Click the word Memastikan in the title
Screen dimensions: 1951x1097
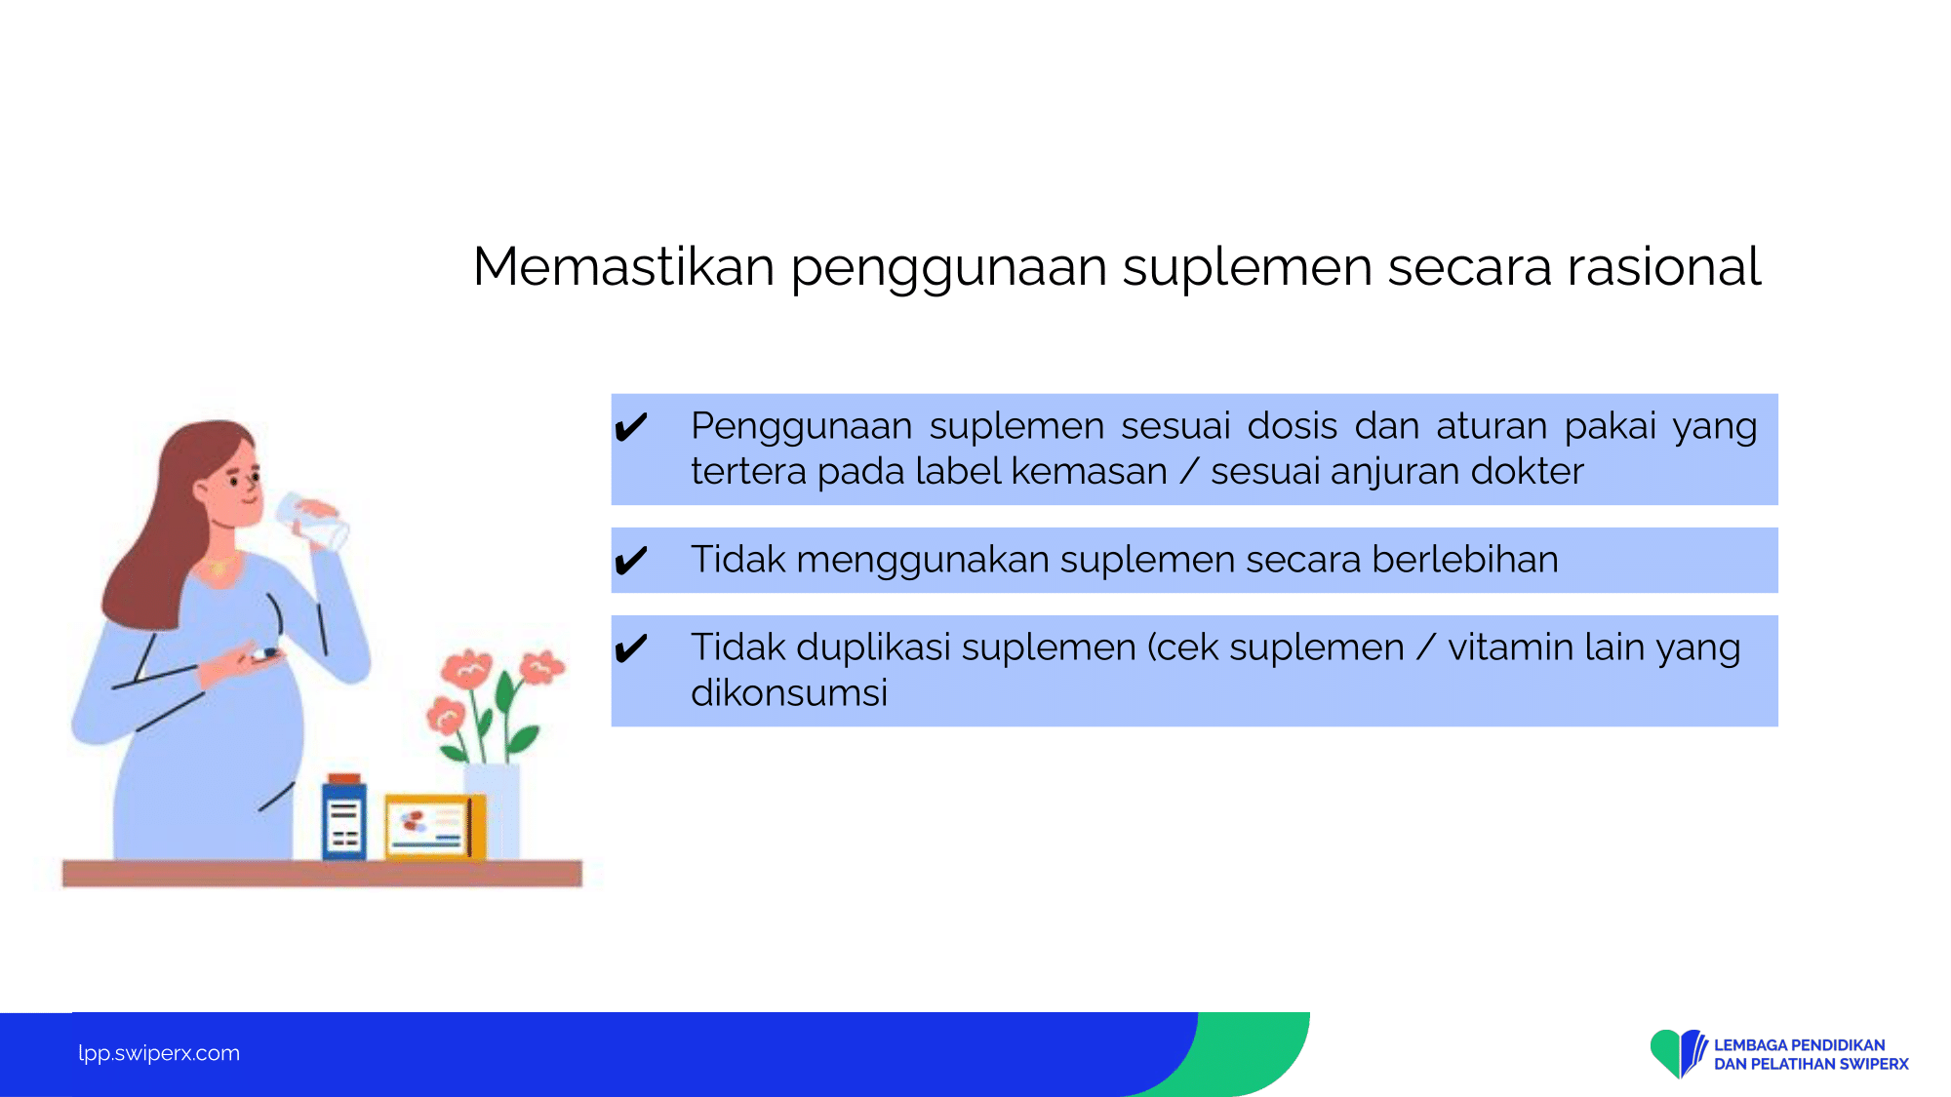(623, 266)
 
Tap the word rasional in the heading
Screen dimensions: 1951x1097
(1663, 266)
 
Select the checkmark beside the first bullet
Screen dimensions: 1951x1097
(631, 427)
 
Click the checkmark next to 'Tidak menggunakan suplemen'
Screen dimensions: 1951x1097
(631, 560)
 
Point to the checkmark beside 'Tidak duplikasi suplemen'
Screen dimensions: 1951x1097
(631, 647)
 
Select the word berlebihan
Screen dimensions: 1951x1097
(1465, 560)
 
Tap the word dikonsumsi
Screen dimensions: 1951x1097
(789, 692)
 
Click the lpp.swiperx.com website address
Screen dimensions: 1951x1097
(159, 1053)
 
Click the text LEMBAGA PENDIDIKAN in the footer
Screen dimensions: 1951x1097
(1799, 1044)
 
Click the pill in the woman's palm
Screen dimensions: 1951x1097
(266, 652)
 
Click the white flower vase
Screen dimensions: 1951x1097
(493, 811)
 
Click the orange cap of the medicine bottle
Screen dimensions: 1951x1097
(344, 779)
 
